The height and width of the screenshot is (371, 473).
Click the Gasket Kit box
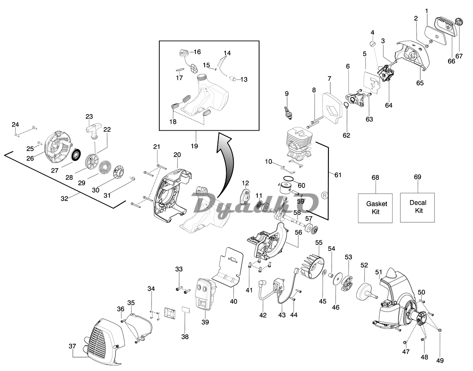375,208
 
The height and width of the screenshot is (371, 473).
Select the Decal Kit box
418,207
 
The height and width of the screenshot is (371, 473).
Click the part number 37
72,346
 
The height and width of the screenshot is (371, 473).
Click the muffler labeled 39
205,294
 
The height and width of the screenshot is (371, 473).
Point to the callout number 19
194,146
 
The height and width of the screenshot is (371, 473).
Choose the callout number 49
440,360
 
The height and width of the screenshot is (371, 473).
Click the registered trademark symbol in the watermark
324,195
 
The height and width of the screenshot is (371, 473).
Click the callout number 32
65,199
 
